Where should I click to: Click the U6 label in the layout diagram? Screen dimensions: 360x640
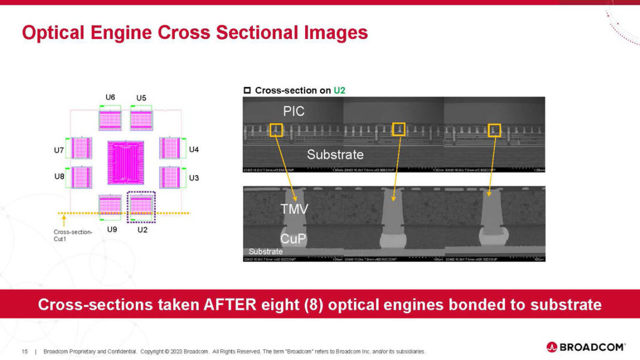110,98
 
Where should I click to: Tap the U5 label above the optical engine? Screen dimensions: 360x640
141,98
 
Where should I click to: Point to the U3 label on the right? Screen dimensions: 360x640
194,178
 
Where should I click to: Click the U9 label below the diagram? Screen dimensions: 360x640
111,229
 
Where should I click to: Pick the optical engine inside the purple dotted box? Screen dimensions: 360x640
141,205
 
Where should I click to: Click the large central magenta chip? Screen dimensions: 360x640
125,163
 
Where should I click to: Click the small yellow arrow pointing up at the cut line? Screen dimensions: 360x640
64,220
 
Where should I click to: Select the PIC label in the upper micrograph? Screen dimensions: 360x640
294,111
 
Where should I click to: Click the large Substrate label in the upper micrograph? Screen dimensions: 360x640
335,155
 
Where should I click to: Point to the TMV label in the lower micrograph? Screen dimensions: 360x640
294,209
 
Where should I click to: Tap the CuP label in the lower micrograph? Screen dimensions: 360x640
294,238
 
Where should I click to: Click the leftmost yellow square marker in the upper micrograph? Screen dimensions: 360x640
276,130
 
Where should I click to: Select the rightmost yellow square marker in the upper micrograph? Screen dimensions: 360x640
494,130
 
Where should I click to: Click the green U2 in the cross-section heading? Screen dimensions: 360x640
339,90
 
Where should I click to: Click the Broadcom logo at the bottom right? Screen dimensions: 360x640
585,347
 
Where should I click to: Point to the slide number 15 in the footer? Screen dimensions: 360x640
25,351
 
